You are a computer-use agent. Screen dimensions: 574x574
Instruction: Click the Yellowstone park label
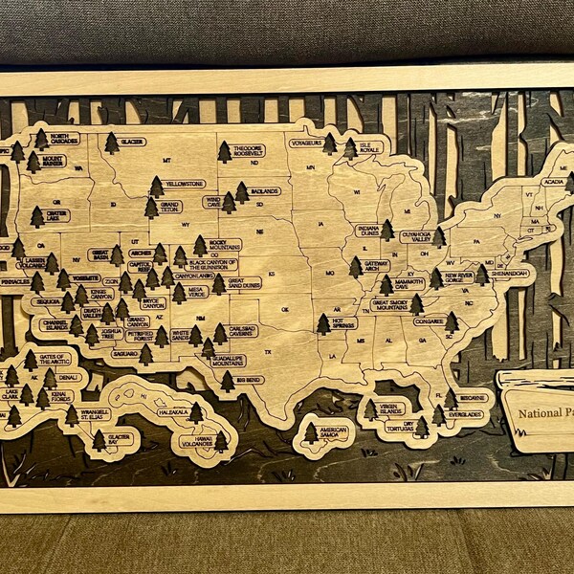pos(184,183)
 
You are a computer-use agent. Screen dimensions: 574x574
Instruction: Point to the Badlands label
pos(265,190)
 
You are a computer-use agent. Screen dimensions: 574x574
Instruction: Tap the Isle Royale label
pos(369,149)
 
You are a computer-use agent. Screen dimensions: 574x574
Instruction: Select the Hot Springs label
pos(343,323)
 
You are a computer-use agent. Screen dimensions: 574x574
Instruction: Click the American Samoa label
pos(333,432)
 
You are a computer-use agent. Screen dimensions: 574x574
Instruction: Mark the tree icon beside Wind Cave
pos(229,202)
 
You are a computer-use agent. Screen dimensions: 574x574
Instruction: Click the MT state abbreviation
pos(167,160)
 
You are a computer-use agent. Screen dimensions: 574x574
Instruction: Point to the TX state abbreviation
pos(268,352)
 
